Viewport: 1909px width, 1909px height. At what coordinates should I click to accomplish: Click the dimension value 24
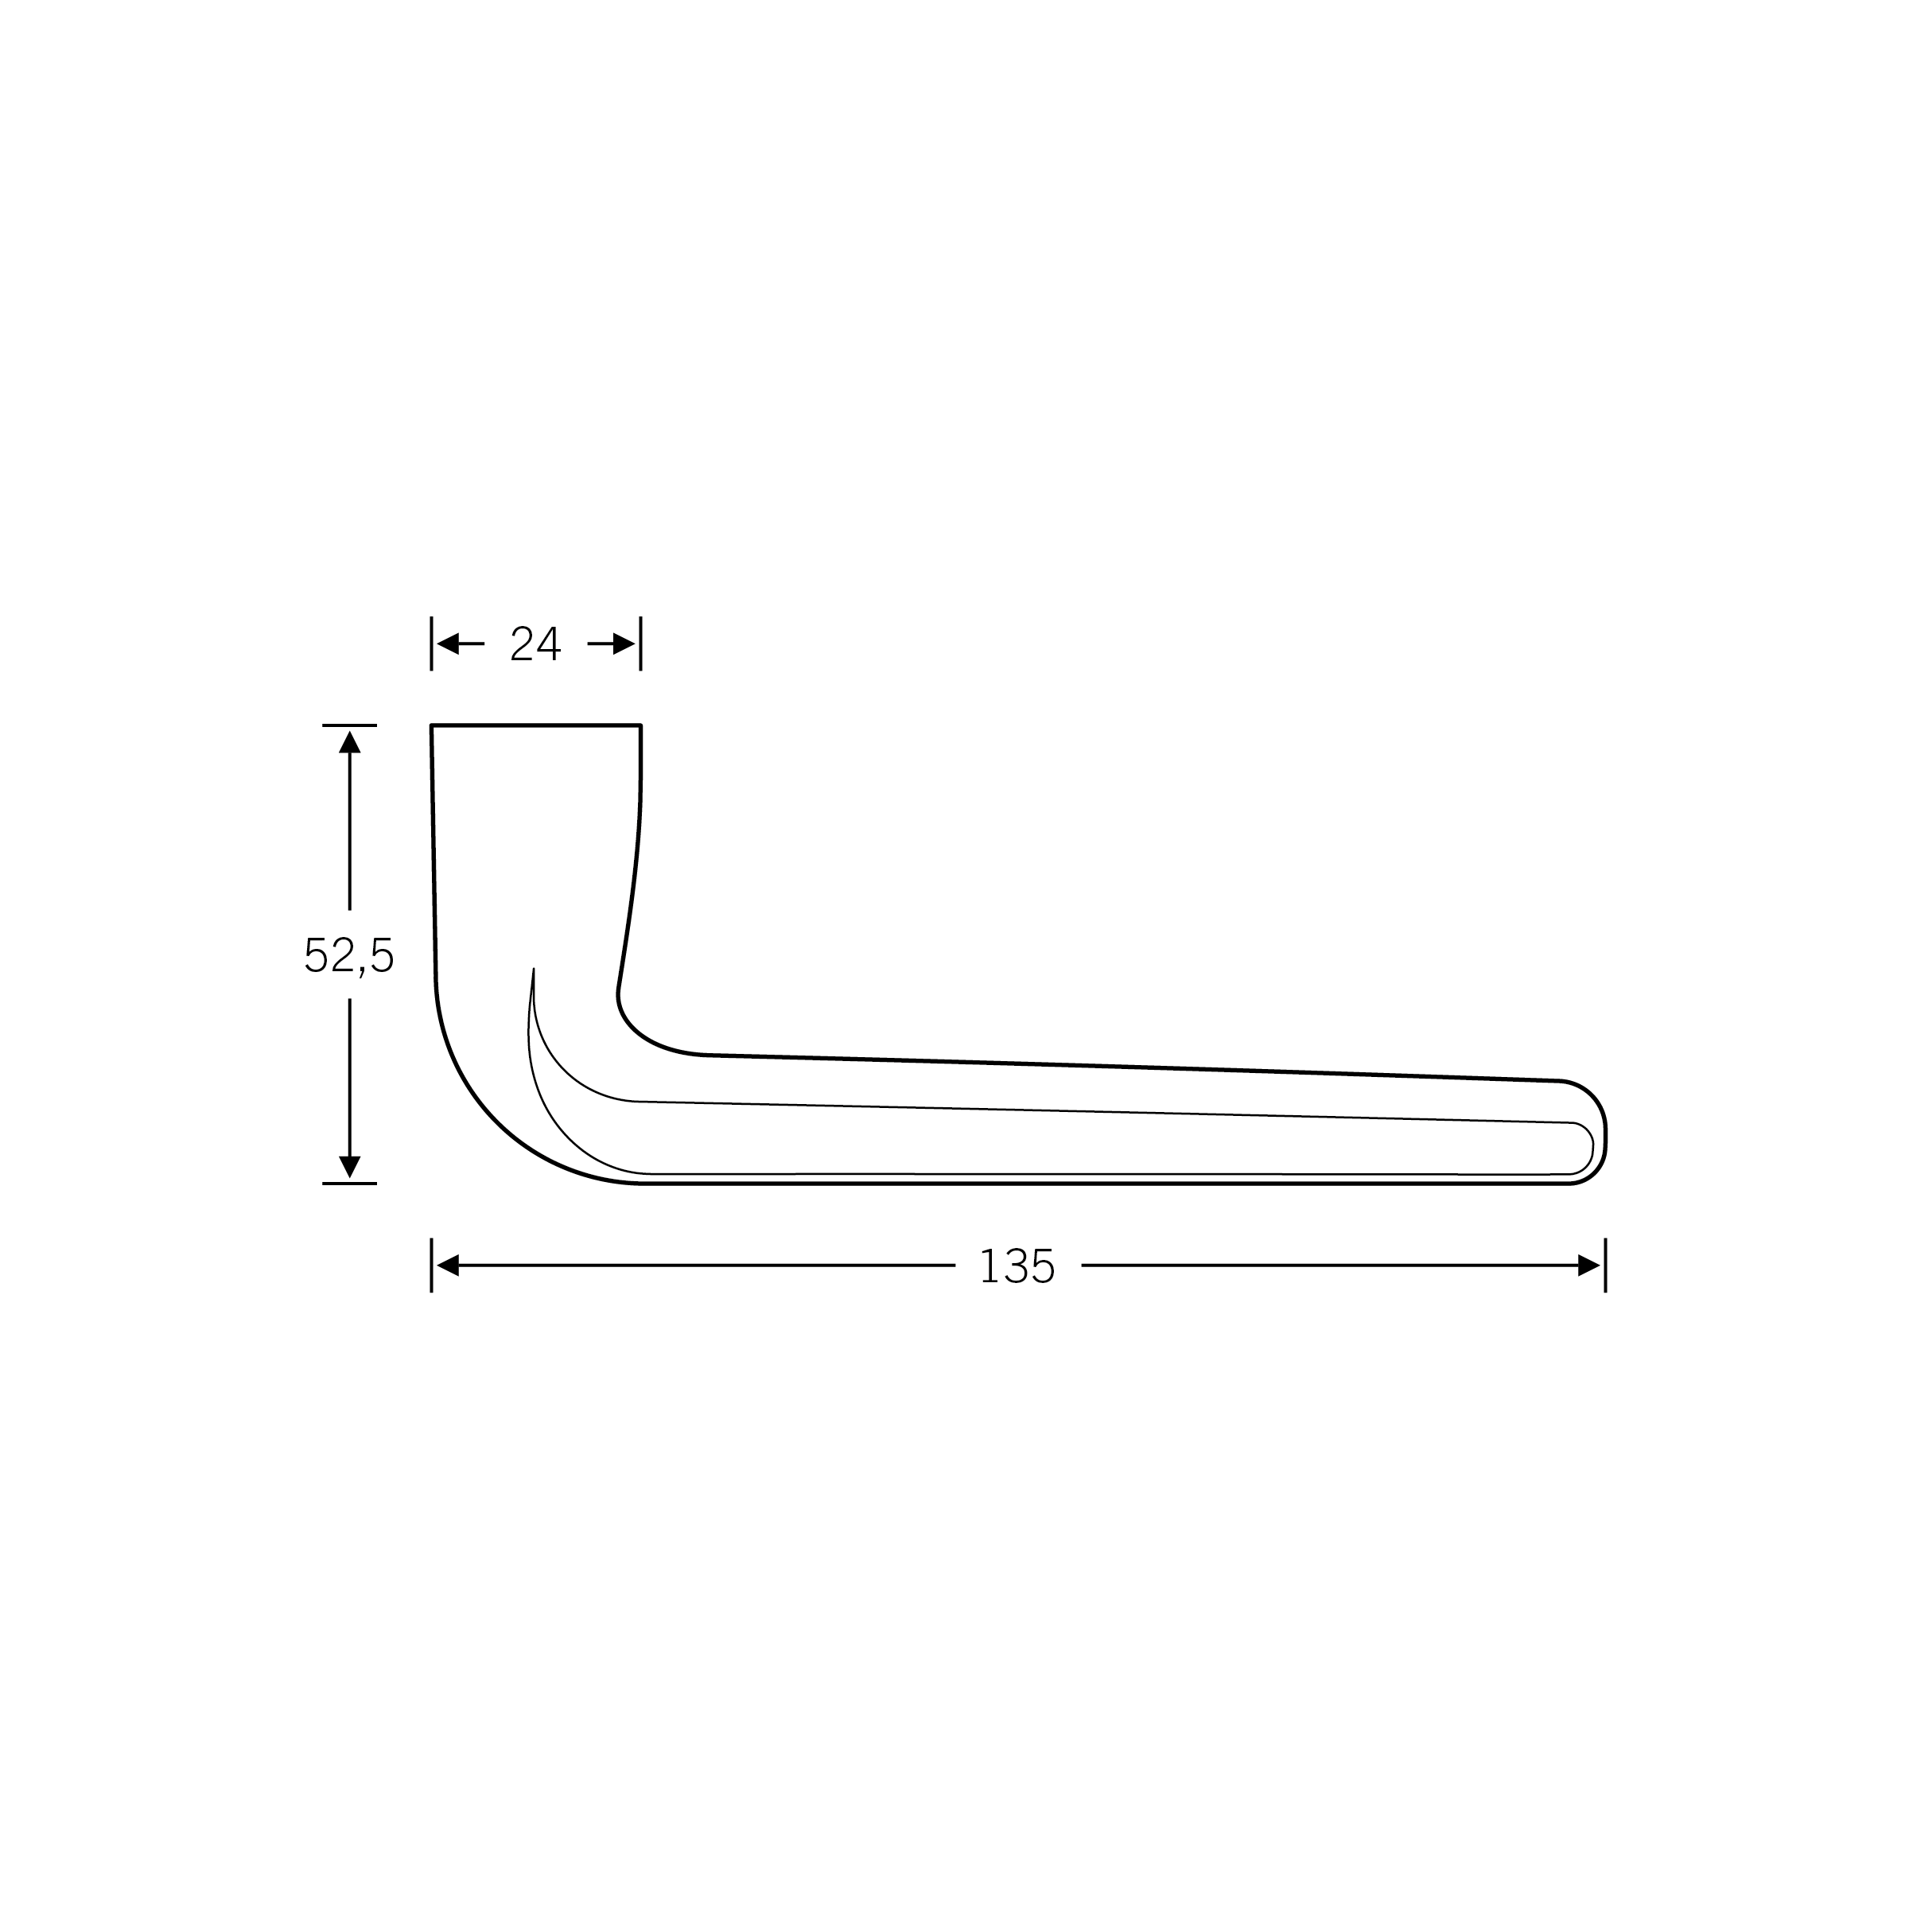click(535, 643)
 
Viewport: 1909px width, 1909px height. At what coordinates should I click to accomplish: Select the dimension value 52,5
click(349, 954)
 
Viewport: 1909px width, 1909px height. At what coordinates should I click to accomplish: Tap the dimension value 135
click(1018, 1266)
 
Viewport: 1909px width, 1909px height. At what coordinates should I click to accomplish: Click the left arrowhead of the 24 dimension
click(448, 644)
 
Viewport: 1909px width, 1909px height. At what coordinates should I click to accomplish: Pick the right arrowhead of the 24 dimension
click(624, 644)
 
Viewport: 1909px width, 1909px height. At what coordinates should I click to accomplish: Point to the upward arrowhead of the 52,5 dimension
click(350, 742)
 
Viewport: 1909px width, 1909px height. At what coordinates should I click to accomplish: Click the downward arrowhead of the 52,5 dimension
click(350, 1166)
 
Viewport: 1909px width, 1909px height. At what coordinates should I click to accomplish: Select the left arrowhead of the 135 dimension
click(448, 1266)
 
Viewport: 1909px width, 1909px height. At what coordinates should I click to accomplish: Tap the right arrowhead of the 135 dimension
click(1589, 1266)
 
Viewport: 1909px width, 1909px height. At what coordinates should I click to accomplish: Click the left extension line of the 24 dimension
click(432, 643)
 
